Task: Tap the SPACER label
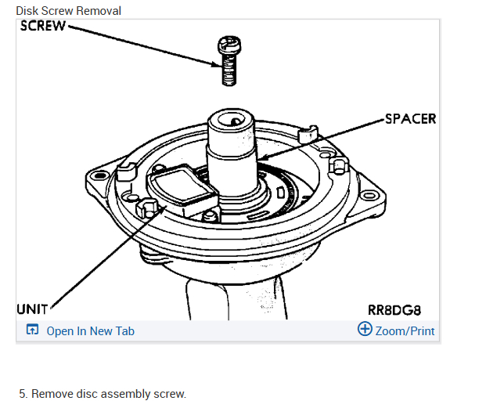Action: pyautogui.click(x=410, y=119)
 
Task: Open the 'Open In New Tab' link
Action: pyautogui.click(x=90, y=330)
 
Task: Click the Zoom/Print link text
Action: pyautogui.click(x=405, y=330)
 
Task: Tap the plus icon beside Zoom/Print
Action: pyautogui.click(x=365, y=329)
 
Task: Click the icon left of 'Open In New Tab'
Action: pyautogui.click(x=32, y=330)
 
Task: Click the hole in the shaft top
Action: pyautogui.click(x=232, y=121)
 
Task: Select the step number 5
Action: pyautogui.click(x=23, y=393)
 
